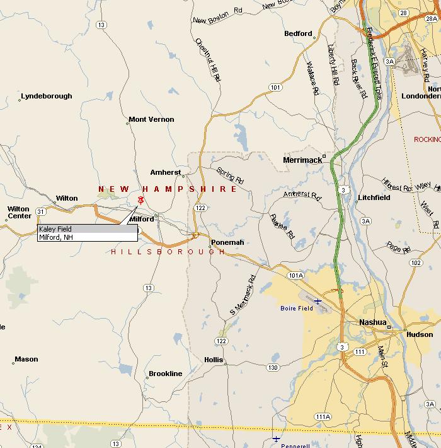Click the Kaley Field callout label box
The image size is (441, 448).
coord(87,233)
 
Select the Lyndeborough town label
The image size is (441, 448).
coord(47,97)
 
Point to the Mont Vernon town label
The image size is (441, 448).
coord(151,119)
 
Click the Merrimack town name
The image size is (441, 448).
coord(302,160)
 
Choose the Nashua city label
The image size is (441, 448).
coord(372,322)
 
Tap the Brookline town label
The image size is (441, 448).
coord(165,374)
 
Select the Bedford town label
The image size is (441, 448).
coord(298,33)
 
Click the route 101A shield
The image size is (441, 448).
coord(295,275)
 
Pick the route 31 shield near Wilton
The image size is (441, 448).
coord(41,211)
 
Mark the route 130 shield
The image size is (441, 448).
coord(272,367)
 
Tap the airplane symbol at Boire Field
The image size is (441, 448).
coord(318,302)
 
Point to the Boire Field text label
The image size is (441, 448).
coord(297,309)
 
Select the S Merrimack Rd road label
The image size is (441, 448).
coord(243,295)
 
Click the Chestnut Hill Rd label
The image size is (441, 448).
coord(209,60)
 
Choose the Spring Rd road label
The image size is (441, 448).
coord(229,175)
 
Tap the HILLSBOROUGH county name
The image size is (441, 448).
coord(168,252)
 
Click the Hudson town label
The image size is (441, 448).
coord(420,334)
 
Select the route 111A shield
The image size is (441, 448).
coord(323,416)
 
